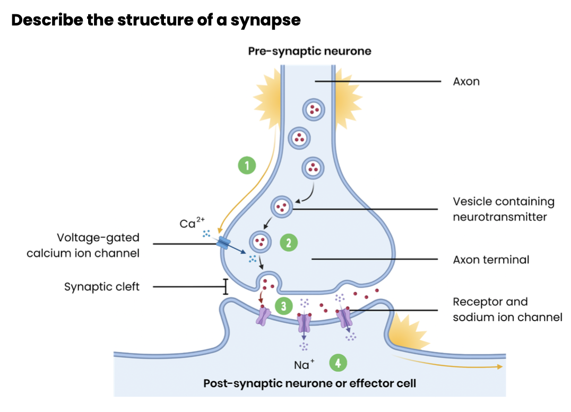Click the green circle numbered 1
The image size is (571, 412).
246,165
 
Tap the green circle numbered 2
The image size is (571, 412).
289,243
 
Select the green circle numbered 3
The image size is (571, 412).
284,306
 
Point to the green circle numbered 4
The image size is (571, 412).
338,363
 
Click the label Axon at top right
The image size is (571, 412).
466,82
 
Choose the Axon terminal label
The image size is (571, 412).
491,260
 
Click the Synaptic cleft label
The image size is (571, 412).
102,287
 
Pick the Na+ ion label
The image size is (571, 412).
304,365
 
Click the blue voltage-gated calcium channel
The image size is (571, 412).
223,244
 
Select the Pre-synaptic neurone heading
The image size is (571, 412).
310,51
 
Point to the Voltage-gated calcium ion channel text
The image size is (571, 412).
83,245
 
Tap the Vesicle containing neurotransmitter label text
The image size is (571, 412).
503,209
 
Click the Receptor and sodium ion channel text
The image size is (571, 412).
507,310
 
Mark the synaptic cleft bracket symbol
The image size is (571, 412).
226,287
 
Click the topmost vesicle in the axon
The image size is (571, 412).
313,110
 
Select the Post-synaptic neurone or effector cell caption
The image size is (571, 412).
309,383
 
